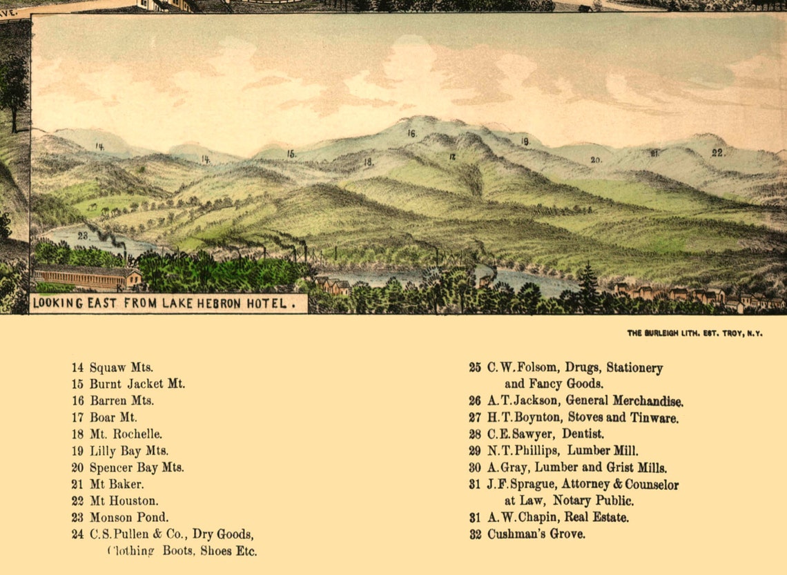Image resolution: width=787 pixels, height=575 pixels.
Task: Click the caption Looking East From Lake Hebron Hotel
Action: pyautogui.click(x=168, y=302)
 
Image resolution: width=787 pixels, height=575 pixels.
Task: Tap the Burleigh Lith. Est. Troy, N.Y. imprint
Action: pyautogui.click(x=694, y=333)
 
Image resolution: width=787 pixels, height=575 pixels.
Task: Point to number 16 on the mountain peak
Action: pyautogui.click(x=411, y=133)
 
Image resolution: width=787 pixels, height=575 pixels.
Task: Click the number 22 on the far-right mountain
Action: pyautogui.click(x=718, y=153)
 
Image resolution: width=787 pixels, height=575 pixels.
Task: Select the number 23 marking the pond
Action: pyautogui.click(x=83, y=235)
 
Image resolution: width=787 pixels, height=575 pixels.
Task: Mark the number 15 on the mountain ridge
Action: pyautogui.click(x=291, y=154)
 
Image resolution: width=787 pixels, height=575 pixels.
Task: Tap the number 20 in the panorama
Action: pyautogui.click(x=596, y=159)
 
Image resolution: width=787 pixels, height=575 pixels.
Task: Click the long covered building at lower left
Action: pyautogui.click(x=86, y=277)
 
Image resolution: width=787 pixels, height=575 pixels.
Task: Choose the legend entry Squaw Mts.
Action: pyautogui.click(x=121, y=368)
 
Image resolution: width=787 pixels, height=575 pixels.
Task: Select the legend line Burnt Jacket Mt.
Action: pyautogui.click(x=137, y=384)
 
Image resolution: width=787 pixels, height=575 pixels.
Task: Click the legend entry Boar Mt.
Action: pyautogui.click(x=113, y=418)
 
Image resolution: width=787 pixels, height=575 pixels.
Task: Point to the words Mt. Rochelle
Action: pyautogui.click(x=126, y=434)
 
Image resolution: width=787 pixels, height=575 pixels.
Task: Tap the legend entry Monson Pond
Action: pyautogui.click(x=129, y=517)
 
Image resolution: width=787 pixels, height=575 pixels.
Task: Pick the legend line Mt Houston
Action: pyautogui.click(x=124, y=500)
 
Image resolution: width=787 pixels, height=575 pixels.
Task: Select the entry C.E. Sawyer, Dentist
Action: pyautogui.click(x=545, y=434)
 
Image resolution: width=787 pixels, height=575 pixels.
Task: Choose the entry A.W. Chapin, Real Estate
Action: pyautogui.click(x=558, y=517)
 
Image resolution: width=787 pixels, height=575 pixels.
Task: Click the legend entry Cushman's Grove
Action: pyautogui.click(x=536, y=534)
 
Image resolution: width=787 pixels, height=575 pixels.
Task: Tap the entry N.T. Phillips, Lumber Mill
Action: pyautogui.click(x=563, y=451)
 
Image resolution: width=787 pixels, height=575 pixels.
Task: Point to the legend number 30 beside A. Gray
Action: pyautogui.click(x=475, y=467)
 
